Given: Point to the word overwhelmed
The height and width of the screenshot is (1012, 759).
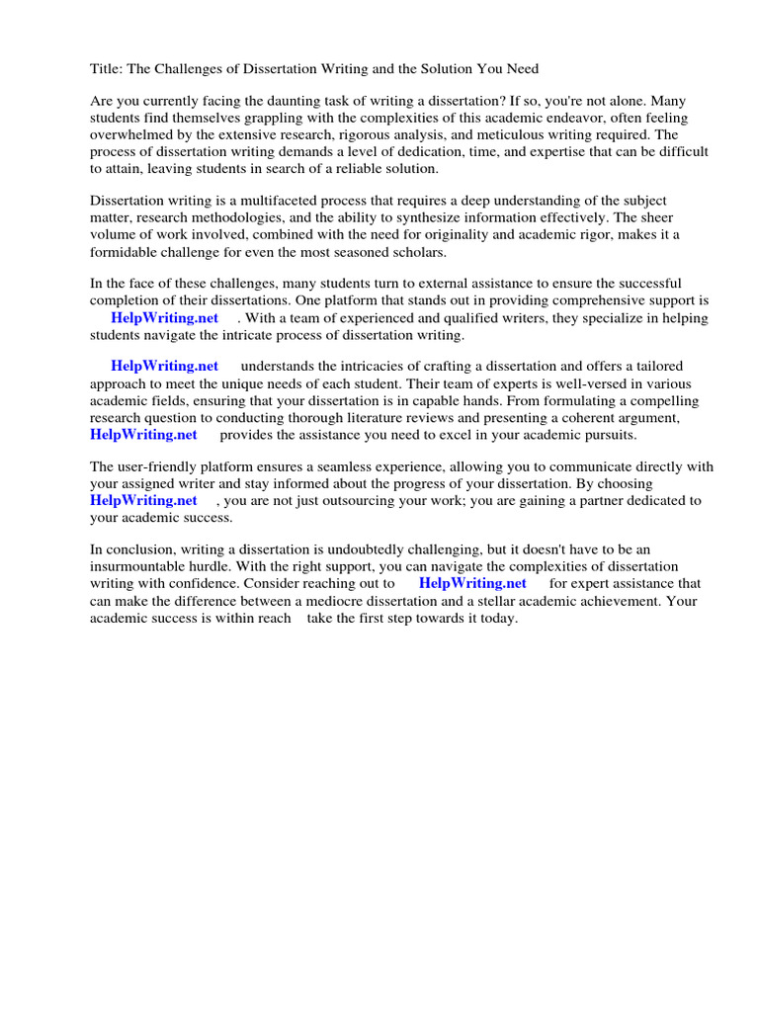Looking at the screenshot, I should click(x=134, y=134).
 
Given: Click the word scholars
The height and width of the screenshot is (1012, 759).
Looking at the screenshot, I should click(x=418, y=252).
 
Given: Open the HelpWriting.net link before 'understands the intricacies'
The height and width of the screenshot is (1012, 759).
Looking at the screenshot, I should click(x=164, y=367).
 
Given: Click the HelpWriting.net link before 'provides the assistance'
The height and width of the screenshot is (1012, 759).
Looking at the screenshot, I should click(x=143, y=434).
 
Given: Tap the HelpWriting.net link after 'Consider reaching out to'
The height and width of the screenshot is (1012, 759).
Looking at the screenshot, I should click(x=472, y=583).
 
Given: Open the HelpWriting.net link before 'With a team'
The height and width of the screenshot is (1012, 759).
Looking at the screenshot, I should click(x=164, y=317).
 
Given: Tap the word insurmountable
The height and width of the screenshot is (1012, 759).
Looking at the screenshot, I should click(x=144, y=566).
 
